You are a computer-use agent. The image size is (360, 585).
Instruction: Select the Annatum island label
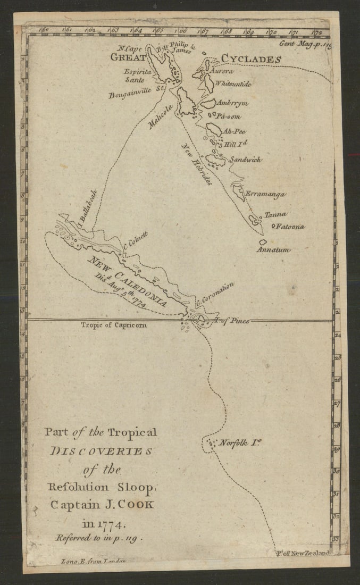[x=274, y=249]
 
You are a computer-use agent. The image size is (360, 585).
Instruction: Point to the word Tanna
[x=275, y=214]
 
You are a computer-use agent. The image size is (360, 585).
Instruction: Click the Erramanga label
[x=265, y=195]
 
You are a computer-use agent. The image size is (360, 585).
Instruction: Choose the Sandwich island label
[x=245, y=159]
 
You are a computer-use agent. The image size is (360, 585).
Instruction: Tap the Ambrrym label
[x=233, y=103]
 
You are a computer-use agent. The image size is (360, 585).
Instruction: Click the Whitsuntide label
[x=233, y=84]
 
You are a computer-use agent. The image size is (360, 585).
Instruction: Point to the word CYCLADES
[x=250, y=59]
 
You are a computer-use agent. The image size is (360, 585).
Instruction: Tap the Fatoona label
[x=290, y=227]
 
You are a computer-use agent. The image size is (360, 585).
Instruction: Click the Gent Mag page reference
[x=305, y=44]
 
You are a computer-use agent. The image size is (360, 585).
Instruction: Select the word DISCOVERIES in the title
[x=101, y=451]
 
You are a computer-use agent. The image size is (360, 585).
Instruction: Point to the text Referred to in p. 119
[x=100, y=538]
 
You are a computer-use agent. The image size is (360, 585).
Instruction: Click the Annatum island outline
[x=263, y=242]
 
